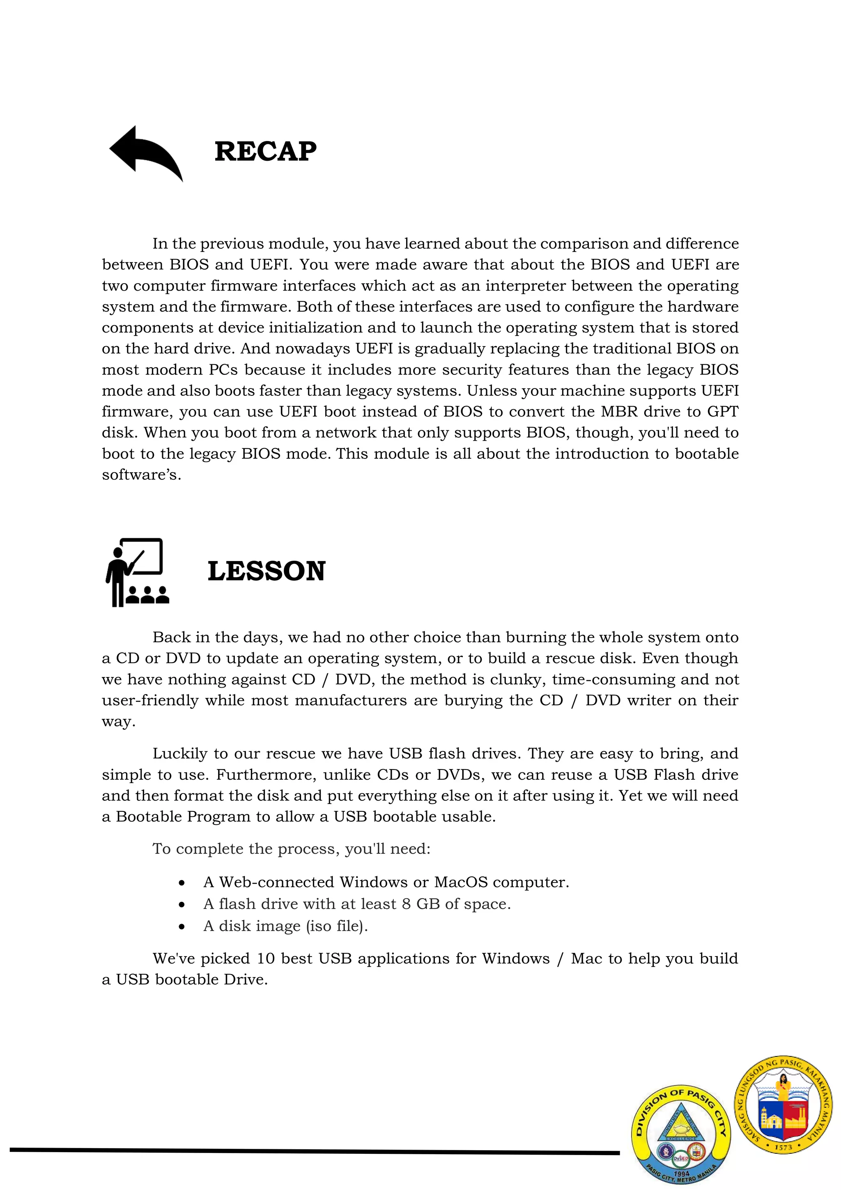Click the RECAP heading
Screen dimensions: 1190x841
tap(265, 151)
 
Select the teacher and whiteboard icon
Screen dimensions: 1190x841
tap(137, 572)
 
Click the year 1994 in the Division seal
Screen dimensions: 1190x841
tap(682, 1174)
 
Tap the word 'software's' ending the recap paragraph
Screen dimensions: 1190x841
tap(141, 475)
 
